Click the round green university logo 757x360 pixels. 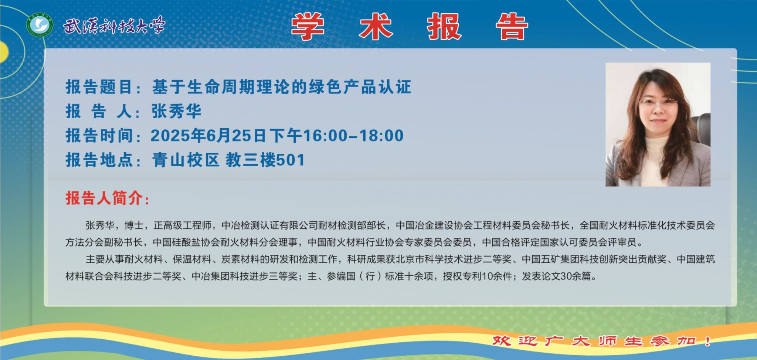(x=40, y=26)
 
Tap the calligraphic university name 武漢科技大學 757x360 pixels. (x=114, y=26)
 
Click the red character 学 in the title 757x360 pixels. (x=308, y=26)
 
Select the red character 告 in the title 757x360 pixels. (x=512, y=26)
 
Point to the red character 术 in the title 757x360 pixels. (x=376, y=26)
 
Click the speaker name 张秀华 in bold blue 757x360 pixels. (x=176, y=111)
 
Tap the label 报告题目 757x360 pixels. (x=99, y=87)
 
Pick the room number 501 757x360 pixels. (x=291, y=160)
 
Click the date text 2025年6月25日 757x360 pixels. (x=208, y=136)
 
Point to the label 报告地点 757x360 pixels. (x=99, y=160)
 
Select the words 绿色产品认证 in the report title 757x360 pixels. (x=360, y=87)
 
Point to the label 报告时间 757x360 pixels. (x=99, y=136)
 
